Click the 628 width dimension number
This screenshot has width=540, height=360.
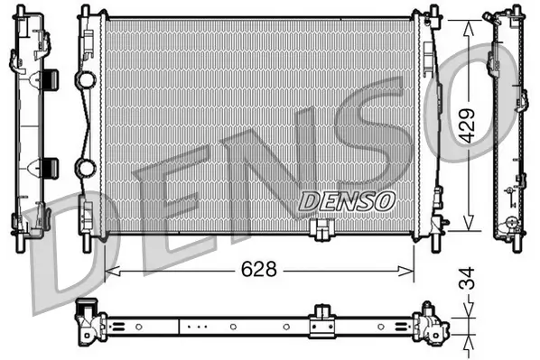pos(258,269)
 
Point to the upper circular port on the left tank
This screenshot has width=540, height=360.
pos(87,80)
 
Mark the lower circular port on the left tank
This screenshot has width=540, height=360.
pos(87,168)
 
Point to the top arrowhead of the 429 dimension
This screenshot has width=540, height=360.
pos(468,26)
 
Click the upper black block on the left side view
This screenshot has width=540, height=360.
pos(50,78)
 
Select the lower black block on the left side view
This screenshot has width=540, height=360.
pos(50,166)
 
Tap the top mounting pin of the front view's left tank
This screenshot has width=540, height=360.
pos(85,11)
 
